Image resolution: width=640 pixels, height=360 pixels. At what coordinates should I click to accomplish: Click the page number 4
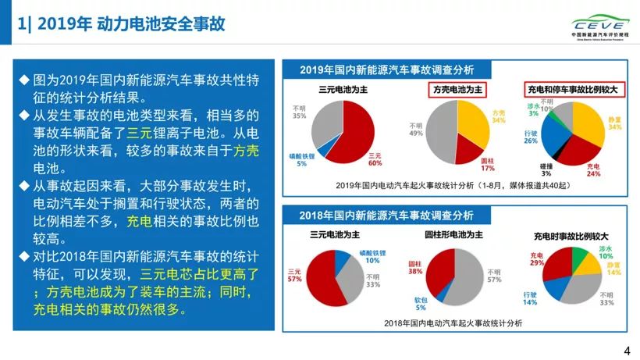pyautogui.click(x=628, y=351)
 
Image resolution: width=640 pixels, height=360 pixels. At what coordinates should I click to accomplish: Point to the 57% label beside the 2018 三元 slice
pyautogui.click(x=296, y=279)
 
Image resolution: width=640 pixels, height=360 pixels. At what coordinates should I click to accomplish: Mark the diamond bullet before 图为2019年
pyautogui.click(x=24, y=81)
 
